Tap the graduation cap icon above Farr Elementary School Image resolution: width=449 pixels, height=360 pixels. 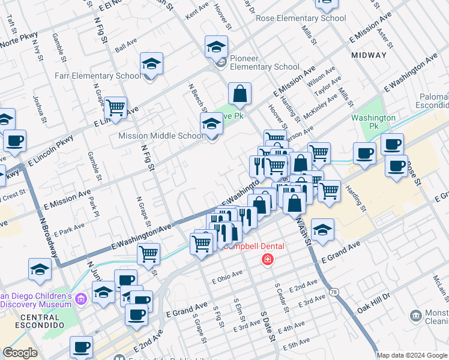point(152,63)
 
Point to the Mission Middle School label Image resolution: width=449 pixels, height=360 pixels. point(161,136)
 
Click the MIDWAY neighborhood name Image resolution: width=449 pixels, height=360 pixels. point(369,55)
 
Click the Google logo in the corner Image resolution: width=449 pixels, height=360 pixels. point(20,353)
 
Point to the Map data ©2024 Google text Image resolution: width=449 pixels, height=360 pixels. point(411,355)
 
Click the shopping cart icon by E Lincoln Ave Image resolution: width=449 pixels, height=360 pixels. point(115,107)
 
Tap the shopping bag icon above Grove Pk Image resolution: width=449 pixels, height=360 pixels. point(240,93)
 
